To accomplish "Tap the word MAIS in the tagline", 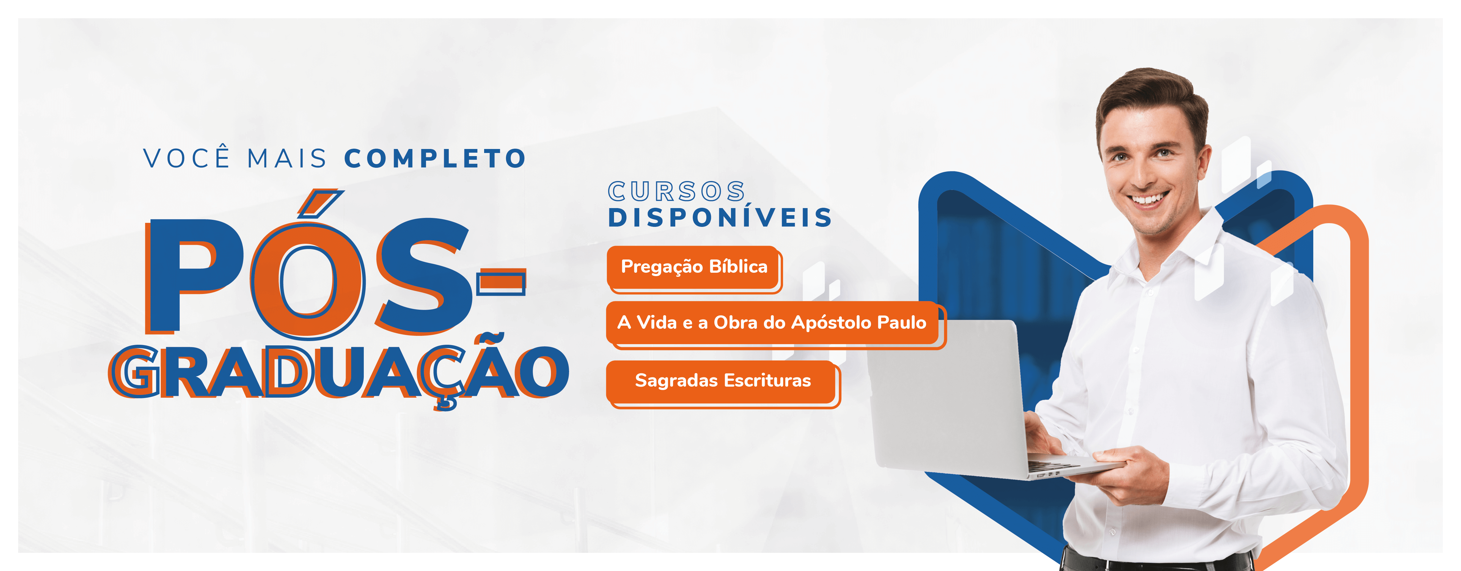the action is click(x=287, y=158).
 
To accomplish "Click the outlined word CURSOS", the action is click(x=676, y=192).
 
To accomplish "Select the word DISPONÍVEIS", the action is click(x=720, y=218).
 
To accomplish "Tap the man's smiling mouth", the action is click(x=1147, y=199).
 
